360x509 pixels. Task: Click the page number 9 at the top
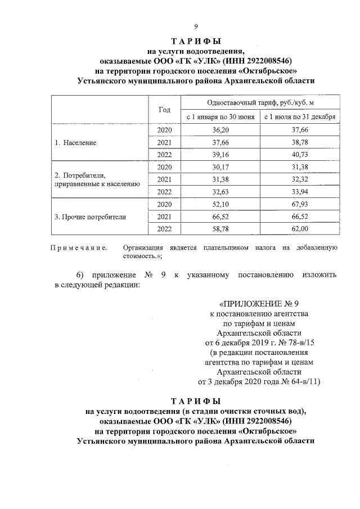click(x=196, y=27)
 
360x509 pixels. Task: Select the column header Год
click(x=164, y=110)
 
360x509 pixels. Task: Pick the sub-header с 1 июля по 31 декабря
click(x=300, y=117)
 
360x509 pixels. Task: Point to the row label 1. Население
click(x=76, y=143)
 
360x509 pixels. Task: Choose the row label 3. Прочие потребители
click(x=91, y=217)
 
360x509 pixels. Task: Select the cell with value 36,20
click(x=220, y=130)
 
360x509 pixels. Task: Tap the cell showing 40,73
click(x=300, y=155)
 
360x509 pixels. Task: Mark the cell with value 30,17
click(x=220, y=167)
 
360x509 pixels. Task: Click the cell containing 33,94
click(x=300, y=192)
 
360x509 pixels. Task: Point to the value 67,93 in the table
click(x=300, y=204)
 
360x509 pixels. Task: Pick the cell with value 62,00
click(x=300, y=228)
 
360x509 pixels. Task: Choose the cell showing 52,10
click(x=220, y=204)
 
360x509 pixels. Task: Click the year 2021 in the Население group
click(x=164, y=143)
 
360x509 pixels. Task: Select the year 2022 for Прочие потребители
click(x=164, y=228)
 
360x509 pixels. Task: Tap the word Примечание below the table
click(x=79, y=247)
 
